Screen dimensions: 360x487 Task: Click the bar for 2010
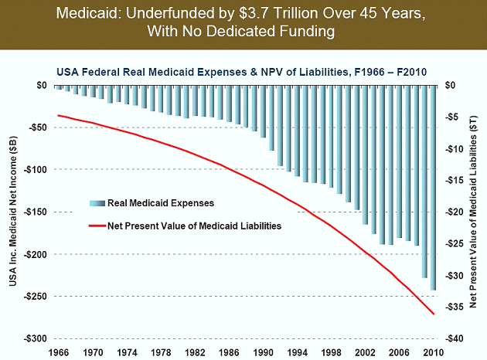(x=433, y=187)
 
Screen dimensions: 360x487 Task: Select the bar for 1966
(x=58, y=87)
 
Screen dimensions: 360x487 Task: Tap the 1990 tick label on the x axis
(x=264, y=352)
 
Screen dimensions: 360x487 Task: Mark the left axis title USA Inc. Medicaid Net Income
(x=15, y=212)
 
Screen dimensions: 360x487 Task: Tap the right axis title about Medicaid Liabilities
(x=474, y=212)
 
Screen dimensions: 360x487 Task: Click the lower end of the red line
(x=433, y=314)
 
